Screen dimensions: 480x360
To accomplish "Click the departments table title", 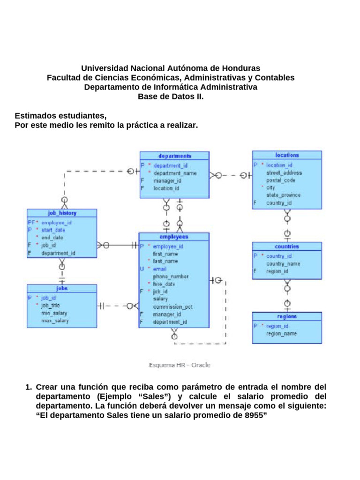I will (x=175, y=156).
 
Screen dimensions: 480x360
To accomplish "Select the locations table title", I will (x=287, y=155).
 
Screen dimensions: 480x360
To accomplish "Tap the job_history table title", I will (x=62, y=213).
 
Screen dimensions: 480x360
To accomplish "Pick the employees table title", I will (x=173, y=237).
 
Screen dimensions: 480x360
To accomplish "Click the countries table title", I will (x=287, y=246).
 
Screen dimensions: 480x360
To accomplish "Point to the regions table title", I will (x=287, y=316).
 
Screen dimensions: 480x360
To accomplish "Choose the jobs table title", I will (x=62, y=288).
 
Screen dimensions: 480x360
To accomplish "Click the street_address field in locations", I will (x=284, y=172).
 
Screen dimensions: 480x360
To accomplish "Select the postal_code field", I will (x=281, y=180).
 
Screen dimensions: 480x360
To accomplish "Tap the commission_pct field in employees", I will (x=172, y=307).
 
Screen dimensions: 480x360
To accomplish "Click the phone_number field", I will (x=171, y=277).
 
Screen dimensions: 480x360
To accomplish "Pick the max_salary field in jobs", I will (x=55, y=321).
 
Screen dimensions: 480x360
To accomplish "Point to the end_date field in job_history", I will (x=52, y=237).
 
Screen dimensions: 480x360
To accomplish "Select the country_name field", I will (x=284, y=263).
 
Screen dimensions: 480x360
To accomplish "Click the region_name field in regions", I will (x=282, y=334).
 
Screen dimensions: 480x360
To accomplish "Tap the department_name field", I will (x=175, y=173).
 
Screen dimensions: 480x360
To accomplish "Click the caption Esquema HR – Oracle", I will (x=180, y=365).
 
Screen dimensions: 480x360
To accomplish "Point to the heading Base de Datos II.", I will (x=171, y=97).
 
